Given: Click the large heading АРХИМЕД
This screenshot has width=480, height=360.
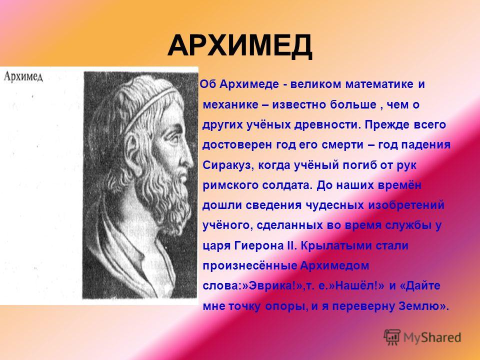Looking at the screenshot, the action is click(239, 46).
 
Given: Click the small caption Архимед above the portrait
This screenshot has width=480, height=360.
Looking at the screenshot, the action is click(23, 76).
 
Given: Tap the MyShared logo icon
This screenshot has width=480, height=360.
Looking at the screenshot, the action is click(392, 337).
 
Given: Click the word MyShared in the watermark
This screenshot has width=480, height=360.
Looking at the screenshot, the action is click(432, 337).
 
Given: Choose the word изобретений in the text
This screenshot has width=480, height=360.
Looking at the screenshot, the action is click(406, 205).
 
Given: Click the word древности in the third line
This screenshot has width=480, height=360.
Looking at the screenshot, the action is click(327, 125).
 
